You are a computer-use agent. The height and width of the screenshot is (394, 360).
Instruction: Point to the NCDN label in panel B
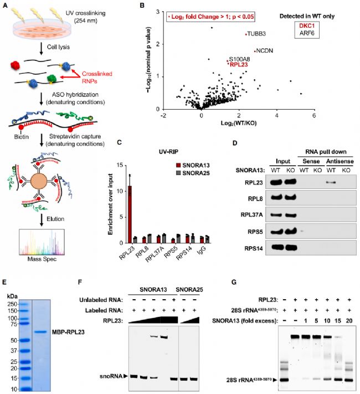tap(264, 50)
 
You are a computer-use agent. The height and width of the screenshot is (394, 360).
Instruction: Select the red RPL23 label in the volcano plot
tap(238, 64)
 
